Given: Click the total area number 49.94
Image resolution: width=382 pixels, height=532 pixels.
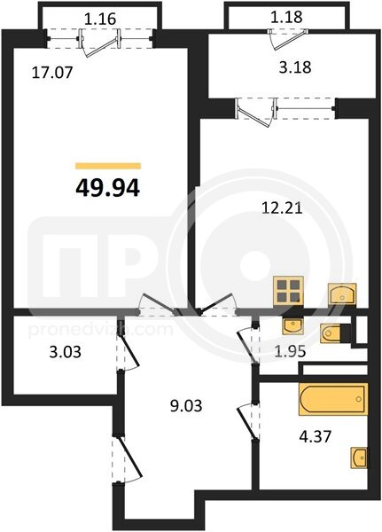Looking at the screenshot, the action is click(x=108, y=188).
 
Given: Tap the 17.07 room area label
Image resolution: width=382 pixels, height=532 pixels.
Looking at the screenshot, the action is click(x=52, y=73).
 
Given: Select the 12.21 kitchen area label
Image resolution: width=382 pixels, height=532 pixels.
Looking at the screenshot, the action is click(x=282, y=207).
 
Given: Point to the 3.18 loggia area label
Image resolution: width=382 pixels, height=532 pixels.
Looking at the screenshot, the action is click(x=295, y=66).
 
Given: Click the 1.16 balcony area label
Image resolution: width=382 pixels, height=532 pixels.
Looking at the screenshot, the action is click(x=100, y=19).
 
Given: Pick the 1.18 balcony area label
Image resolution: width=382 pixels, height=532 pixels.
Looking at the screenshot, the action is click(x=286, y=17).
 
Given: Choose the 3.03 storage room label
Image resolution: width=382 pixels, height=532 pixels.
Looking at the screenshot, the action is click(x=66, y=352).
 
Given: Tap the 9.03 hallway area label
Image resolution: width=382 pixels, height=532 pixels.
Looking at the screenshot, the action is click(x=186, y=405).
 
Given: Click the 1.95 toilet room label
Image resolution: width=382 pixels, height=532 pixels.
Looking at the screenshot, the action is click(x=290, y=352).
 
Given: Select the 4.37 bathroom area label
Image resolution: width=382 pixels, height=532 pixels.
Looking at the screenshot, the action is click(x=315, y=436).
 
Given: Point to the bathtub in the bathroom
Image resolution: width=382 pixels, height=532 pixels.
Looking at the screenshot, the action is click(x=333, y=399).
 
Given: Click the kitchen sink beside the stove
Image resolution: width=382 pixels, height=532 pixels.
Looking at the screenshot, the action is click(x=342, y=293).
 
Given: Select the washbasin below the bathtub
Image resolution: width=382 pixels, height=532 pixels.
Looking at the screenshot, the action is click(x=359, y=458).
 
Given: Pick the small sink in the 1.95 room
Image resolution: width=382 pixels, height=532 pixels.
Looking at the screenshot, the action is click(x=292, y=326).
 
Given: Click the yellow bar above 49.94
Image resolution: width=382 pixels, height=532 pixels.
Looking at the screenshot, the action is click(x=108, y=166).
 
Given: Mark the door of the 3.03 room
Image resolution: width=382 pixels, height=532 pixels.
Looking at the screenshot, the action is click(x=129, y=347).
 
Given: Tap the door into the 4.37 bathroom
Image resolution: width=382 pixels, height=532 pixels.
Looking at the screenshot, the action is click(x=247, y=422).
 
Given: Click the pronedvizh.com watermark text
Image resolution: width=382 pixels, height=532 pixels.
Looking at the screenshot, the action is click(x=100, y=330).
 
